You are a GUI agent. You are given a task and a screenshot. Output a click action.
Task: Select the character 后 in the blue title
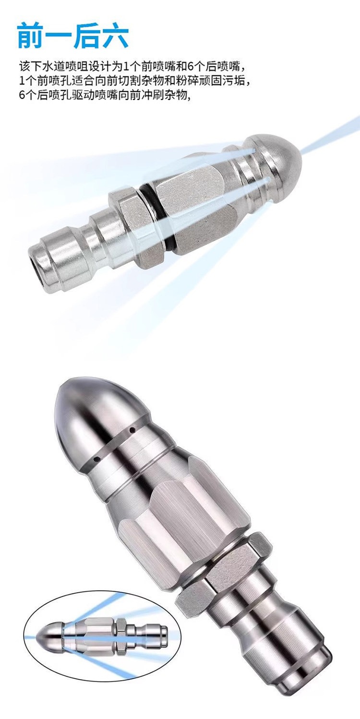pos(87,37)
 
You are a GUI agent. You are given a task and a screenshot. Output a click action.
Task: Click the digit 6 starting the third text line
pos(22,95)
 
